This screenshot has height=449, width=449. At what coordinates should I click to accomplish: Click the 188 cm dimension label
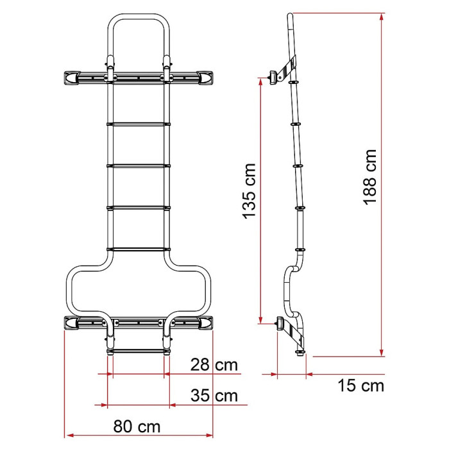(369, 177)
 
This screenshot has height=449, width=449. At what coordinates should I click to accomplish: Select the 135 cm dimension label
(249, 191)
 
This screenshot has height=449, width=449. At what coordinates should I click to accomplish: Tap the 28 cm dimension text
(214, 365)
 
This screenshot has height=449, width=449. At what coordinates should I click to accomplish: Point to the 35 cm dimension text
(214, 396)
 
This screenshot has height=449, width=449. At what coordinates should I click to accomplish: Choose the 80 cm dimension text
(137, 427)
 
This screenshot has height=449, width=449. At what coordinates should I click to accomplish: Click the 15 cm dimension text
(360, 385)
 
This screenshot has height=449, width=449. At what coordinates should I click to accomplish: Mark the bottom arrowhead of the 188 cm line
(382, 353)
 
